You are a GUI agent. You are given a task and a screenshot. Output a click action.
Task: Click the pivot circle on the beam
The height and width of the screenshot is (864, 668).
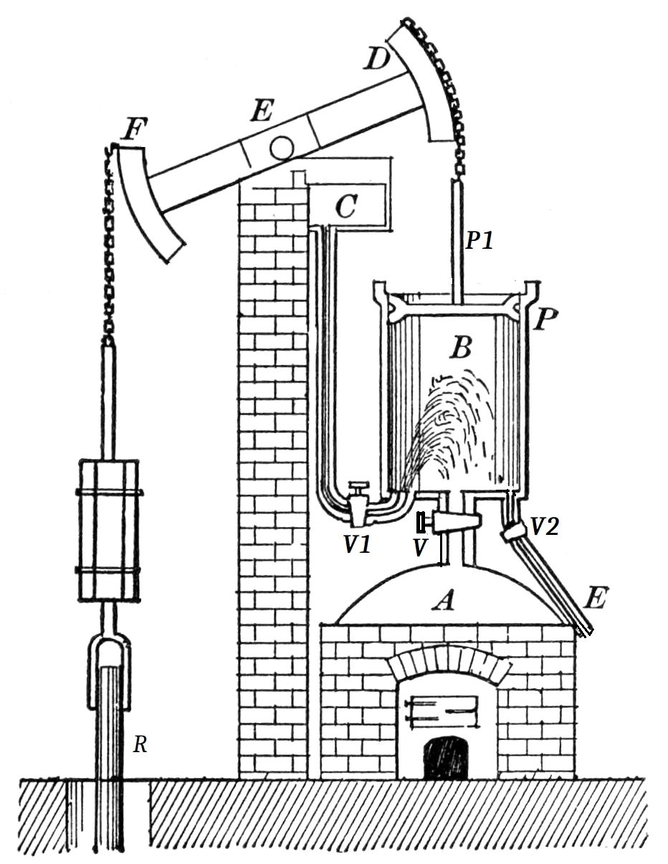point(280,147)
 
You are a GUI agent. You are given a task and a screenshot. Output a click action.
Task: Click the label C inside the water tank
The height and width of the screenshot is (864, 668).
point(346,207)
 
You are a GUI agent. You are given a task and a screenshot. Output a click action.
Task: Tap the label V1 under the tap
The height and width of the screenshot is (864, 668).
point(356,546)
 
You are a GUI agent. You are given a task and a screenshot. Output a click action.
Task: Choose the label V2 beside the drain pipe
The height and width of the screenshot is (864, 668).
point(544,528)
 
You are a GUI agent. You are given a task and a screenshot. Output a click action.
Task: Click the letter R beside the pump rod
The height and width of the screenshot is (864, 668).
point(140,746)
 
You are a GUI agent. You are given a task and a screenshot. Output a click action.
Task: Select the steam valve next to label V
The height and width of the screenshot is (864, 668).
point(451,519)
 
